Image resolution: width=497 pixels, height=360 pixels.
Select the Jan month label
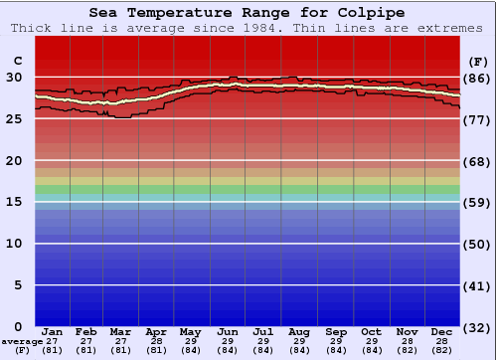point(53,331)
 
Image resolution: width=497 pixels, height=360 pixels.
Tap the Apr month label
point(156,331)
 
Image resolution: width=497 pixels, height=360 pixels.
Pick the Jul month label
point(263,331)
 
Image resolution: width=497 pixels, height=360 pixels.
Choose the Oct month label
point(371,331)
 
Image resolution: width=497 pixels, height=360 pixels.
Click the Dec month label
point(442,331)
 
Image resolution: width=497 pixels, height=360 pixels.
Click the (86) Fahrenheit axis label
point(478,78)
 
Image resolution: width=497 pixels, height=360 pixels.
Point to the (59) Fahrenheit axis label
point(478,203)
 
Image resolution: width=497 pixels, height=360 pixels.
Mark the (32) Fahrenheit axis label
point(478,327)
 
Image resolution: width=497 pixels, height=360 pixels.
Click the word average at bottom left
point(22,341)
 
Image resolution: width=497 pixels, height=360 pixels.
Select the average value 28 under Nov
point(407,341)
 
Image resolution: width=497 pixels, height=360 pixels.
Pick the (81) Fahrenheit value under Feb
point(85,350)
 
